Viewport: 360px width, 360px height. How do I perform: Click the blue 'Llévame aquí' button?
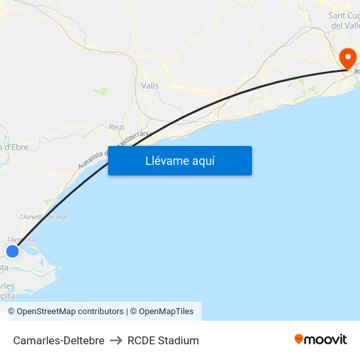[180, 160]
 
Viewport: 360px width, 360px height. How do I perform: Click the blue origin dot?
[12, 251]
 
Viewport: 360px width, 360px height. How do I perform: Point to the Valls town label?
[150, 86]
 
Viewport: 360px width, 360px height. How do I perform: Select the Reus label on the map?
[117, 127]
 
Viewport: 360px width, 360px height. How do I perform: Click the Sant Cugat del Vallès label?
[344, 20]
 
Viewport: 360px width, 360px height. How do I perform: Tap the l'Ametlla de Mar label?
[44, 217]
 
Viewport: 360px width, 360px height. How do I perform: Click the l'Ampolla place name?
[21, 240]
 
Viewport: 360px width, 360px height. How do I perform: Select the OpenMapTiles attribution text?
[166, 312]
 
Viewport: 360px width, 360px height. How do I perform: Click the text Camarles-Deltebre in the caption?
[59, 340]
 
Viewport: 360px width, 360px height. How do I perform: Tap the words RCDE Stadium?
[163, 340]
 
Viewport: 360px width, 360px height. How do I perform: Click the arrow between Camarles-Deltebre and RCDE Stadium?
[116, 340]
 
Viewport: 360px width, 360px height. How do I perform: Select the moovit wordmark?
[325, 339]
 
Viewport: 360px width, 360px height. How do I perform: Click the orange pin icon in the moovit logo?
[299, 339]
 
